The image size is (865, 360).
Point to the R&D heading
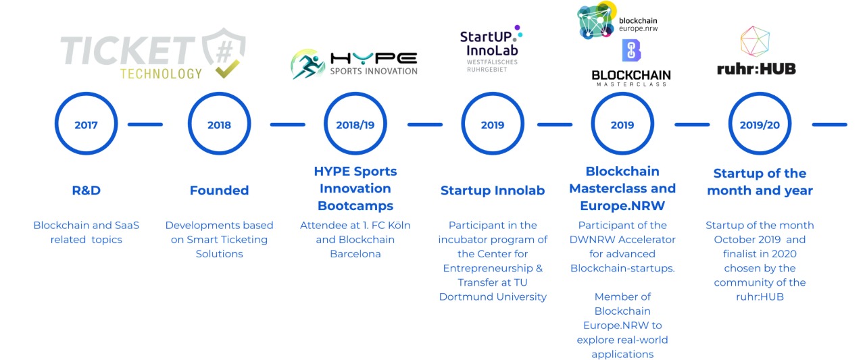coord(86,190)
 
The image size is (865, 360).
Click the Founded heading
coord(220,190)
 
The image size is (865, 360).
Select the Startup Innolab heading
coord(493,190)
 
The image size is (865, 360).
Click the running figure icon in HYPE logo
coord(307,64)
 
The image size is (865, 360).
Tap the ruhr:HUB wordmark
coord(756,69)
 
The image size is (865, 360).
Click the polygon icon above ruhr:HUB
coord(755,41)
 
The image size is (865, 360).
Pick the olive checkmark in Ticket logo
coord(228,69)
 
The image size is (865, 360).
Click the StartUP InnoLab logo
coord(491,48)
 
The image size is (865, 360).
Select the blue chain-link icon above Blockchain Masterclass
coord(631,51)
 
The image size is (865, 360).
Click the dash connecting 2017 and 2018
coord(145,124)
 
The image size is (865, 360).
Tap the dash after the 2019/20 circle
coord(829,124)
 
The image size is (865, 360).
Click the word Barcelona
coord(355,254)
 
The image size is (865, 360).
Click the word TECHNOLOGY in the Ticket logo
coord(161,74)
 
